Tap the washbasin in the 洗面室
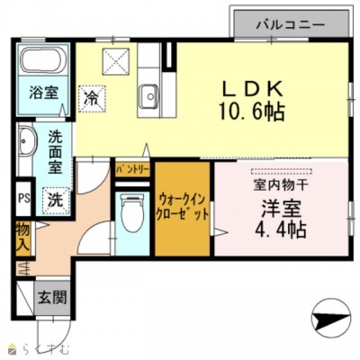pyautogui.click(x=25, y=144)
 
